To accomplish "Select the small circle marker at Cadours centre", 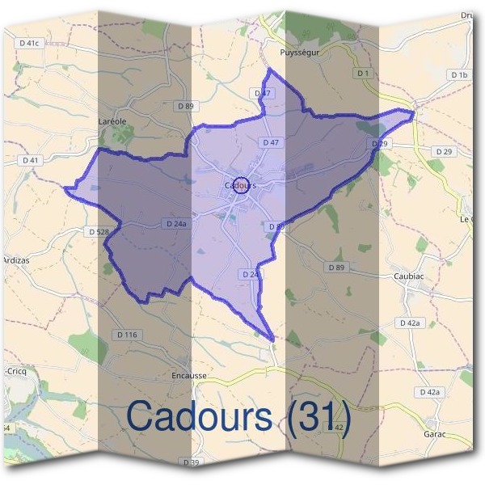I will click(240, 184).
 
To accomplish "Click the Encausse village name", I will click(191, 376).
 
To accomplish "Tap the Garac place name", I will click(435, 433).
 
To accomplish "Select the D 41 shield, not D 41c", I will click(31, 160).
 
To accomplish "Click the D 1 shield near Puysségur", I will click(363, 74).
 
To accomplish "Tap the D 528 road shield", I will click(96, 232).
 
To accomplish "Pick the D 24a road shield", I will click(175, 223).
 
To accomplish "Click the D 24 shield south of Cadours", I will click(250, 275).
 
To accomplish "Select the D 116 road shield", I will click(128, 335).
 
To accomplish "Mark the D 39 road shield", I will click(191, 462).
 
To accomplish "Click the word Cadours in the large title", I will click(199, 416).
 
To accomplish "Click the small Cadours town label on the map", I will click(238, 186).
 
